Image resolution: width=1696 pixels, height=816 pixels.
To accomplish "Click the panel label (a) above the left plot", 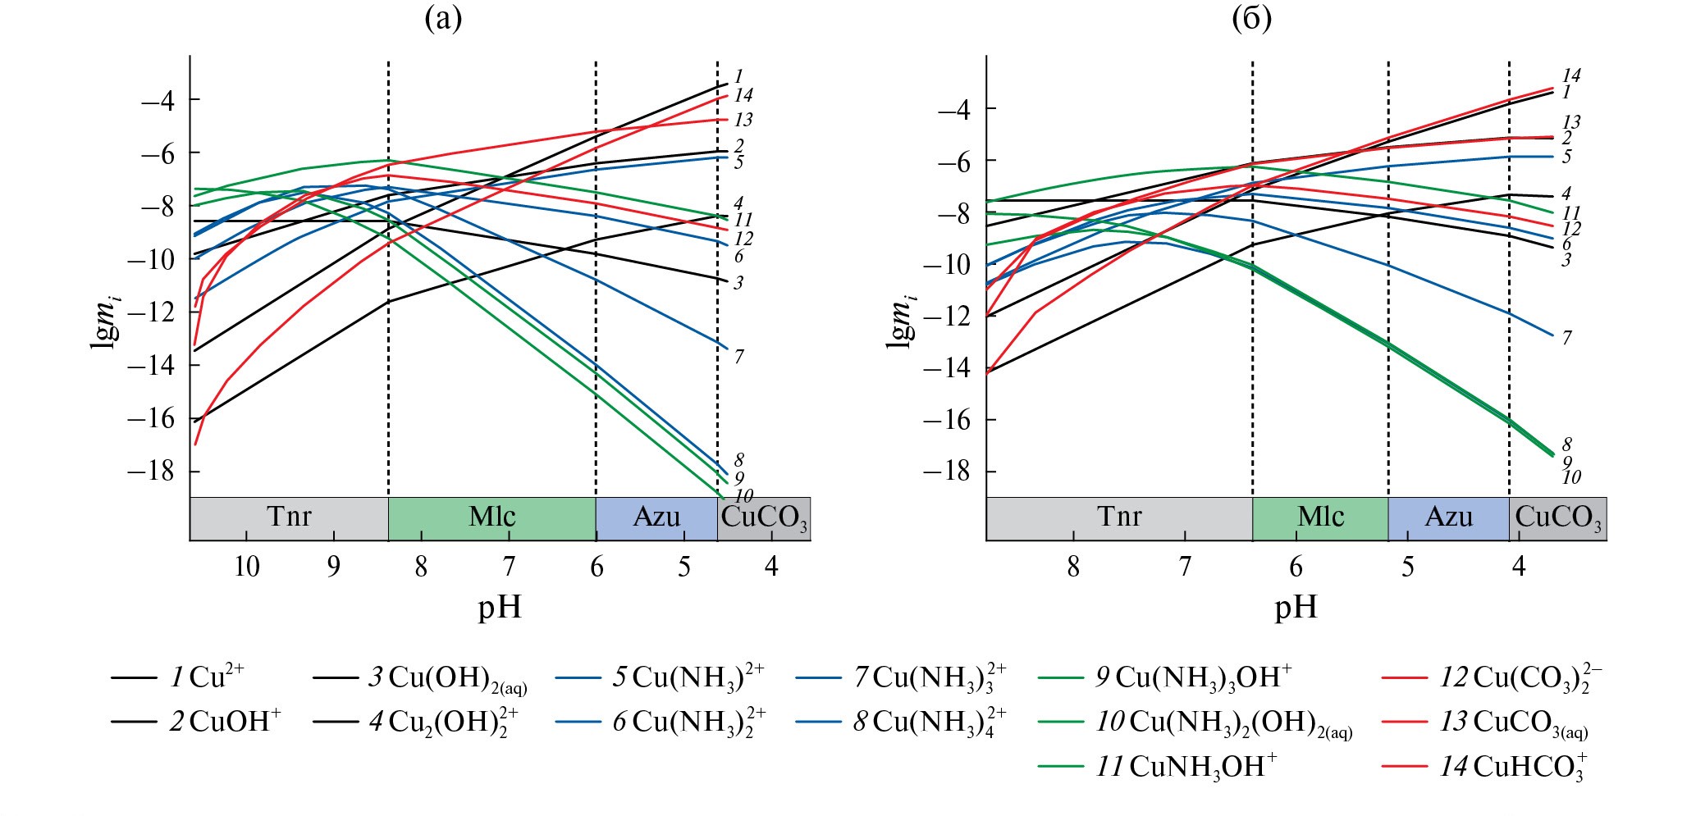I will (x=443, y=18).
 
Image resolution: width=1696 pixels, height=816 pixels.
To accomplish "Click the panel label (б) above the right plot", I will (x=1252, y=18).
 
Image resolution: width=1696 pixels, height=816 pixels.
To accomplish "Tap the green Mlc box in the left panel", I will (x=491, y=518).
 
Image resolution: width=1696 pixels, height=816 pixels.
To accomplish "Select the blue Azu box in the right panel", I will (x=1448, y=518).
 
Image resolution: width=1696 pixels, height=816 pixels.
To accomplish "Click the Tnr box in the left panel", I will (x=289, y=518).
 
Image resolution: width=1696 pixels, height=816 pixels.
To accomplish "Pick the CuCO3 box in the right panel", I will (x=1557, y=518).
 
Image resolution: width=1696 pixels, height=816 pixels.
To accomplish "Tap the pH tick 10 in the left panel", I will (x=246, y=567).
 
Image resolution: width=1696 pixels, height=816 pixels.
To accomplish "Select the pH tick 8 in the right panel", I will (x=1073, y=567).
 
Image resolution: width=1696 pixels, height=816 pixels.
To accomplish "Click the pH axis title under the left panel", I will (x=500, y=608).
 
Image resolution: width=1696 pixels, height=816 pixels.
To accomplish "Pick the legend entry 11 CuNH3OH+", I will (x=1186, y=768).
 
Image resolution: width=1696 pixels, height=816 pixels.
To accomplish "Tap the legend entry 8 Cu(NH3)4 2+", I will (x=928, y=723).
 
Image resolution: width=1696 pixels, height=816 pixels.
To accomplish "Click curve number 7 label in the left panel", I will (x=738, y=357).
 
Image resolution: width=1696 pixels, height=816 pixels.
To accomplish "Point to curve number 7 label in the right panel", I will (x=1566, y=338).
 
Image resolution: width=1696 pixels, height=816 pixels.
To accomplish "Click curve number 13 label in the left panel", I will (x=743, y=121).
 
